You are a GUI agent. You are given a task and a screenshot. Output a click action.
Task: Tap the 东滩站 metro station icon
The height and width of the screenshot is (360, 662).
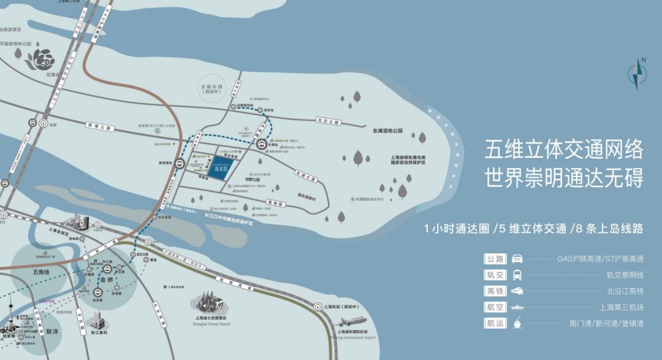261,145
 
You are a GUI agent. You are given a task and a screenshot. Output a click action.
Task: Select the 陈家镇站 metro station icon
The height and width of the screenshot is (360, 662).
177,163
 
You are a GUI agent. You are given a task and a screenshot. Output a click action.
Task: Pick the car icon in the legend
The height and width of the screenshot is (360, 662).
517,259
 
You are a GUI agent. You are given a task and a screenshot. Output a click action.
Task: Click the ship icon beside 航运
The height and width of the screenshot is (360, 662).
517,323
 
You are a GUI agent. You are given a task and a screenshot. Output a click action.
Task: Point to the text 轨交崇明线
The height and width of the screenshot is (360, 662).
625,275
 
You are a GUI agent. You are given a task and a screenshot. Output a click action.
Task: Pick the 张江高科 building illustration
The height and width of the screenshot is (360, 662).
97,319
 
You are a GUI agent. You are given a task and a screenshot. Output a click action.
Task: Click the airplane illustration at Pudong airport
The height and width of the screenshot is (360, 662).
356,324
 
